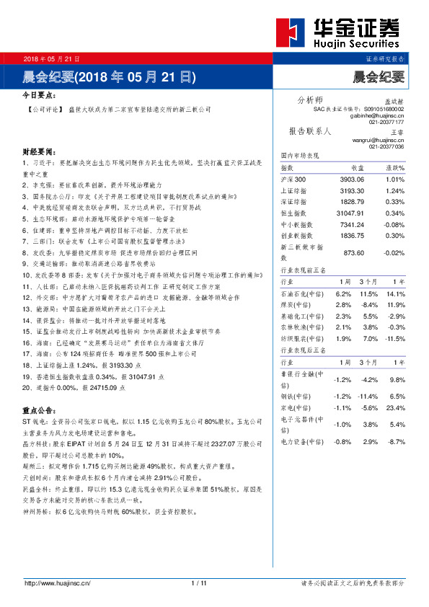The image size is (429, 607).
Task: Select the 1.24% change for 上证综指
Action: pos(395,190)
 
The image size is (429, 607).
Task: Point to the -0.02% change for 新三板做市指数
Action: pos(394,252)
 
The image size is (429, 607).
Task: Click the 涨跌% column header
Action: pos(395,167)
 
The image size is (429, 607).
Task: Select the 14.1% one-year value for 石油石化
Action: pos(396,294)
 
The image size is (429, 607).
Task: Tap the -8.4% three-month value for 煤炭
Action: pos(370,306)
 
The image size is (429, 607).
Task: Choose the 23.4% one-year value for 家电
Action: pos(396,408)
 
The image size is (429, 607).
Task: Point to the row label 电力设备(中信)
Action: pos(296,440)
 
